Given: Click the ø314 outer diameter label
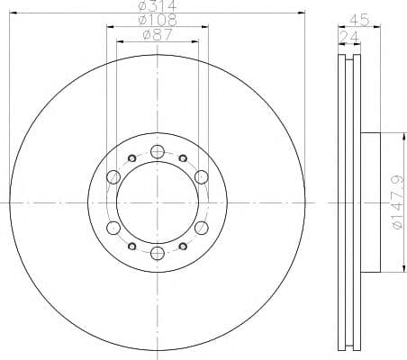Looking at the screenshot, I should [158, 7].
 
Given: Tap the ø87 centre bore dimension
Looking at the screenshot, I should [158, 36].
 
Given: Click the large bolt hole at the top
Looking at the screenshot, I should [158, 151].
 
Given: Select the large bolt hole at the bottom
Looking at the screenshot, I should [158, 253].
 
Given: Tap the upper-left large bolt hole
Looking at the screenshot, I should [113, 176].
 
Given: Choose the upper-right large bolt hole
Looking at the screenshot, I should [202, 176].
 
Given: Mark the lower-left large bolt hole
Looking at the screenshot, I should [113, 228].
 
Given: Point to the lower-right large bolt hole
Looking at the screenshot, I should [202, 228].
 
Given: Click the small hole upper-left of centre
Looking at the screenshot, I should [131, 158].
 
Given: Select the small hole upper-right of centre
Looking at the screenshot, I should [184, 158].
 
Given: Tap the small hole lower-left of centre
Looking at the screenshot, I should [131, 246].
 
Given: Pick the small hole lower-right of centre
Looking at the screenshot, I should [184, 246].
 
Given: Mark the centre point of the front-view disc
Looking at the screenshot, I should [158, 202].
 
